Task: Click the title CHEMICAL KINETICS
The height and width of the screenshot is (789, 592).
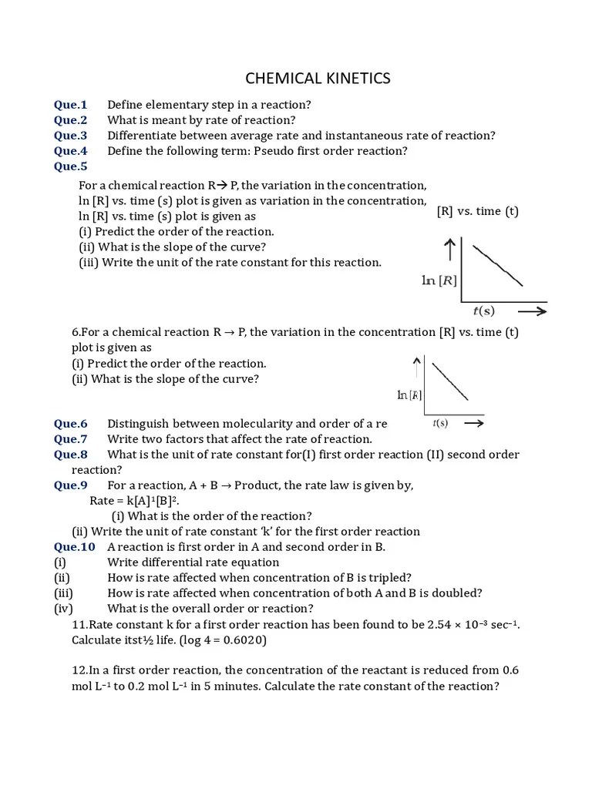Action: (318, 79)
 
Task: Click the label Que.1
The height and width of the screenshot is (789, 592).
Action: (71, 105)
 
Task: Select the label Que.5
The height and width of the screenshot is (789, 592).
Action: (71, 166)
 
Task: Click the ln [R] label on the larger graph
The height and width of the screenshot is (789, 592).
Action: (438, 280)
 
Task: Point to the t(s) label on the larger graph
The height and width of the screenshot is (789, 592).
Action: (483, 311)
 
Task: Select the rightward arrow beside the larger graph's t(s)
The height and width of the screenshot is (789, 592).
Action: (532, 311)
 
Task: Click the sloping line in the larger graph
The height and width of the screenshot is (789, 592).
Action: (498, 265)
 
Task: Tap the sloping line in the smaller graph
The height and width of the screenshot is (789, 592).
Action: (450, 381)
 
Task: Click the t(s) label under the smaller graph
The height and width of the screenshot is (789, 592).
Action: (440, 423)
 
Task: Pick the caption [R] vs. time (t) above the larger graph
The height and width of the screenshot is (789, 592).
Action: (477, 211)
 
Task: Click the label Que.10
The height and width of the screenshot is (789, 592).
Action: (74, 547)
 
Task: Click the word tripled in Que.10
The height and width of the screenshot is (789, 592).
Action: (388, 578)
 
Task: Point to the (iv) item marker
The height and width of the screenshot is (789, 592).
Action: (62, 609)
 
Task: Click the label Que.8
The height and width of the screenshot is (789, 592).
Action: (71, 455)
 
